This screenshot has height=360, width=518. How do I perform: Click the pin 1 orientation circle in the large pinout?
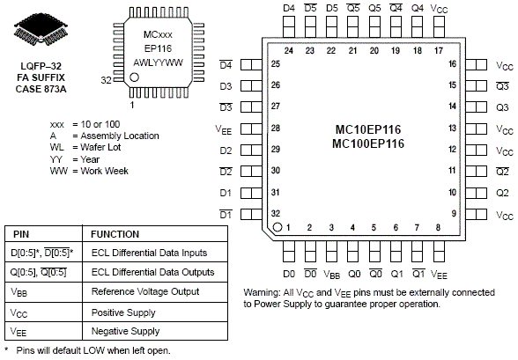pos(277,227)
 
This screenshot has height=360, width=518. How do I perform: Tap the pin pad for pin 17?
pos(439,27)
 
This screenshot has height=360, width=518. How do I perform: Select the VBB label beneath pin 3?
pos(331,275)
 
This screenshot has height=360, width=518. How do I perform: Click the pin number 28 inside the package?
pos(276,128)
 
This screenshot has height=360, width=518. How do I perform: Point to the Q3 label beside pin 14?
pos(502,107)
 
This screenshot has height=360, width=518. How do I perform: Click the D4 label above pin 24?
pos(289,8)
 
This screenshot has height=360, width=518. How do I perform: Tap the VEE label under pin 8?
pos(439,275)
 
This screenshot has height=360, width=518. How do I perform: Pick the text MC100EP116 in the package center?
pos(368,143)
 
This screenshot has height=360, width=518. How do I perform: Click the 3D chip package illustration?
pos(41,29)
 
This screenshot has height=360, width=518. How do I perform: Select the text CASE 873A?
pos(41,89)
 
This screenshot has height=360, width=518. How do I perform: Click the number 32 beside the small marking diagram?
pos(106,80)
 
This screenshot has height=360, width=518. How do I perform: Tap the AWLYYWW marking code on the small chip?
pos(158,62)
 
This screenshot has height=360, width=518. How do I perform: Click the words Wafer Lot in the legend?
pos(100,147)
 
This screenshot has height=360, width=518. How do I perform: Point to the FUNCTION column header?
pos(115,234)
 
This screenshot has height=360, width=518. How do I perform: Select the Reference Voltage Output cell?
pos(145,291)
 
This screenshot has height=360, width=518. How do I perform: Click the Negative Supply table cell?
pos(125,331)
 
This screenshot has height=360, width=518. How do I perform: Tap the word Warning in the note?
pos(262,293)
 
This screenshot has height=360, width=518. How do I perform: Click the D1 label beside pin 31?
pos(226,193)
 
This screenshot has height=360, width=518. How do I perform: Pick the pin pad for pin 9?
pos(476,214)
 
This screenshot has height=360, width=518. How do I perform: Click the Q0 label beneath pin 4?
pos(354,274)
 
